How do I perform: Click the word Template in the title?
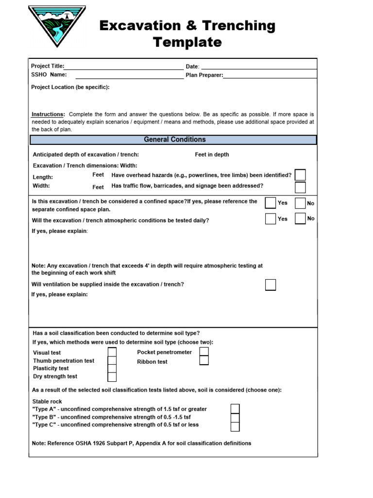[x=187, y=42]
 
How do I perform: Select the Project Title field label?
[x=47, y=66]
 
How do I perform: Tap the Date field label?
[x=192, y=66]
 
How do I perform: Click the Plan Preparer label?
[x=204, y=75]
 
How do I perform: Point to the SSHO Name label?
[x=49, y=75]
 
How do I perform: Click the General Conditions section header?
[x=174, y=140]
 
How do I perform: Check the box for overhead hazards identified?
[x=300, y=175]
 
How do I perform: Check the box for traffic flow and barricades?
[x=300, y=187]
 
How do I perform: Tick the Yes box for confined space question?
[x=271, y=203]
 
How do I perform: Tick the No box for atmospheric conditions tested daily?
[x=300, y=218]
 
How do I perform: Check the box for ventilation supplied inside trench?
[x=271, y=285]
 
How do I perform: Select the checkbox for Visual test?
[x=112, y=352]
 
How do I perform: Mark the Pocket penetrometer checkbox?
[x=204, y=352]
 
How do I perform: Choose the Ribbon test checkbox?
[x=204, y=360]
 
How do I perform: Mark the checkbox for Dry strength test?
[x=112, y=376]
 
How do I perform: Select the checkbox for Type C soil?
[x=235, y=427]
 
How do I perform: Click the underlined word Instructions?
[x=48, y=114]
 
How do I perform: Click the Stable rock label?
[x=47, y=402]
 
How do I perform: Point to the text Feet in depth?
[x=212, y=155]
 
